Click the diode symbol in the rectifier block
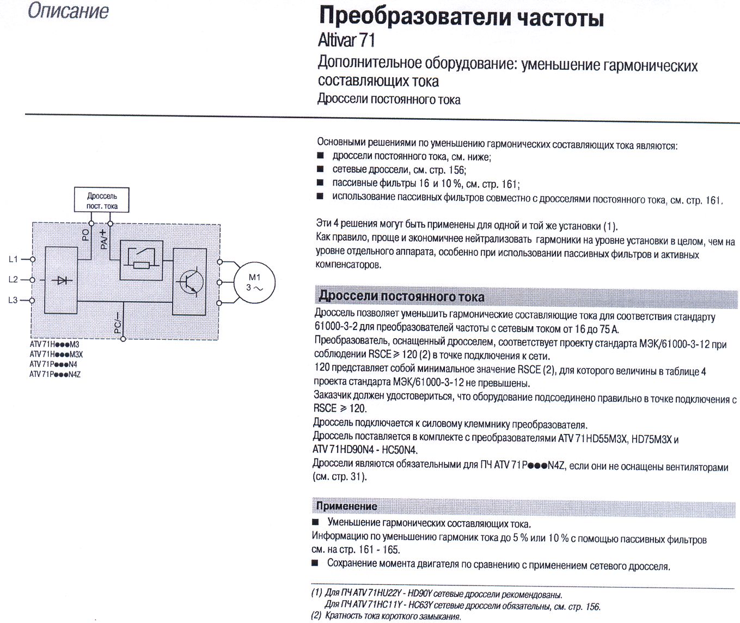pyautogui.click(x=62, y=280)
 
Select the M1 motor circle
pyautogui.click(x=254, y=283)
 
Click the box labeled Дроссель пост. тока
pyautogui.click(x=102, y=200)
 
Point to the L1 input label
pyautogui.click(x=13, y=259)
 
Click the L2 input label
pyautogui.click(x=13, y=279)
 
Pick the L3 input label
pyautogui.click(x=13, y=300)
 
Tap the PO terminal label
pyautogui.click(x=85, y=235)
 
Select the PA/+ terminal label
pyautogui.click(x=103, y=239)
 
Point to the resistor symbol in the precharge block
pyautogui.click(x=142, y=265)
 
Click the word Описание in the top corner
pyautogui.click(x=68, y=11)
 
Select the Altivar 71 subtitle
pyautogui.click(x=346, y=40)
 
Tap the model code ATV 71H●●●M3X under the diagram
pyautogui.click(x=56, y=354)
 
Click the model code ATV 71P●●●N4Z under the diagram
pyautogui.click(x=55, y=374)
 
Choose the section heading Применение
pyautogui.click(x=346, y=506)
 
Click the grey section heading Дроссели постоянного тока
pyautogui.click(x=401, y=296)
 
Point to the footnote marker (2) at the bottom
pyautogui.click(x=316, y=616)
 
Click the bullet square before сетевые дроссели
pyautogui.click(x=320, y=169)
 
